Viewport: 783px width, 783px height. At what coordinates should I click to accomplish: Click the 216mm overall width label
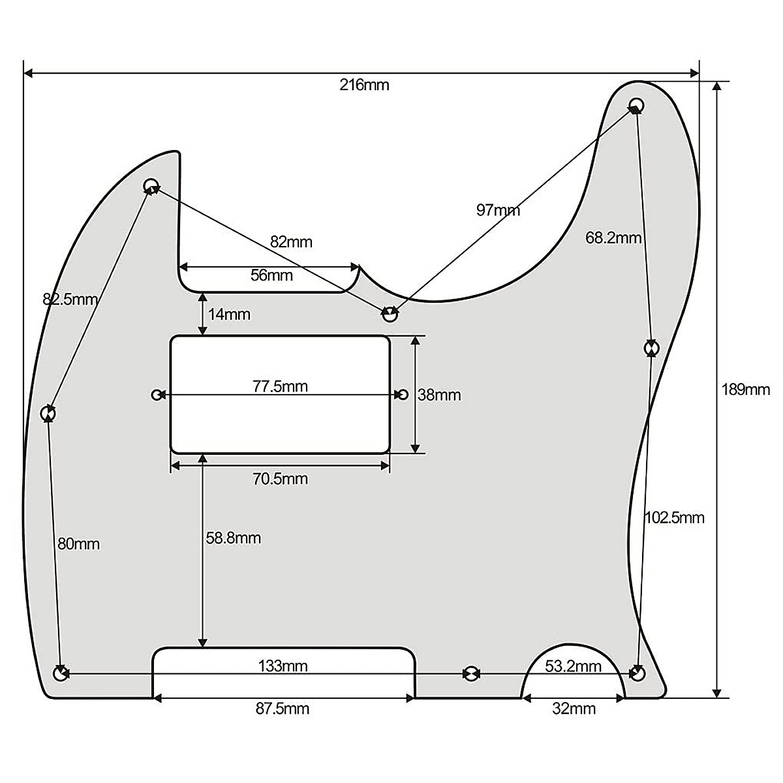(364, 85)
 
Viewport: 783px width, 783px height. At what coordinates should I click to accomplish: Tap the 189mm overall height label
(745, 390)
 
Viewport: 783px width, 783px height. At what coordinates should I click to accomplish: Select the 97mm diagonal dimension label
(498, 210)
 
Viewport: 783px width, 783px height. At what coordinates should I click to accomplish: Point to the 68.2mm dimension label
(613, 238)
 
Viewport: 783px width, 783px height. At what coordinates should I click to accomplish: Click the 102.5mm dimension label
(675, 517)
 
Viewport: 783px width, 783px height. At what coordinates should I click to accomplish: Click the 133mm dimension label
(283, 666)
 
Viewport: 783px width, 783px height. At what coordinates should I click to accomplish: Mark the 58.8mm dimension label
(234, 538)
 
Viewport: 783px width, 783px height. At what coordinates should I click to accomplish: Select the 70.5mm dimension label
(281, 479)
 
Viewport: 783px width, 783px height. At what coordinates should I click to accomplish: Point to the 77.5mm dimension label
(280, 386)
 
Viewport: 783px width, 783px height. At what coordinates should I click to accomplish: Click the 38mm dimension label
(439, 395)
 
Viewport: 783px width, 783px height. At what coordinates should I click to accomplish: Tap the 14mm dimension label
(229, 315)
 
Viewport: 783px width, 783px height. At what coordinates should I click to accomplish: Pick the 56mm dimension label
(271, 275)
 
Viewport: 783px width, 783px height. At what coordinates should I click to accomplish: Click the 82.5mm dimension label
(70, 299)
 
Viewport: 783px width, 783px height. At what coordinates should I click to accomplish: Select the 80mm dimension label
(78, 544)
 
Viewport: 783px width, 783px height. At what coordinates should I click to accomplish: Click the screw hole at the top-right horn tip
(637, 104)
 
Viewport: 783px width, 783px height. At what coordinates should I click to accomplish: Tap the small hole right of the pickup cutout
(403, 394)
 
